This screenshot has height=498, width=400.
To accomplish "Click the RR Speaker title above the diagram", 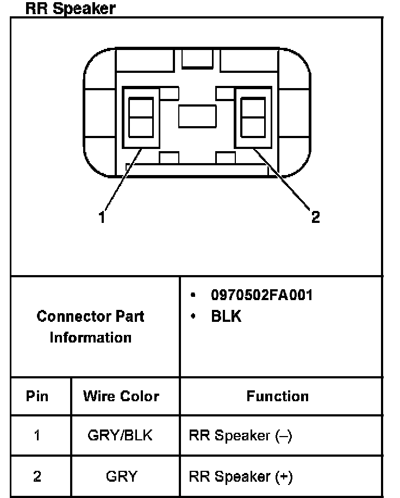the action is [x=71, y=9].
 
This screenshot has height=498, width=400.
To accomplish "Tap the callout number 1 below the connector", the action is [x=102, y=218].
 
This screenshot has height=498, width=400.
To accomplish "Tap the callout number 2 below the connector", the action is [x=315, y=217].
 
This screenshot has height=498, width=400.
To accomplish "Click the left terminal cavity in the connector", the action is [x=141, y=117].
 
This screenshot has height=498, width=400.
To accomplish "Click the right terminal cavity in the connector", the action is [x=253, y=117].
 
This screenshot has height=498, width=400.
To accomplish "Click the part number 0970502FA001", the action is [x=261, y=295].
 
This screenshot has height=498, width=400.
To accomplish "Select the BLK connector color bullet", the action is [x=226, y=316].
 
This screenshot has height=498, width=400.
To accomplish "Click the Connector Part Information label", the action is [x=91, y=327].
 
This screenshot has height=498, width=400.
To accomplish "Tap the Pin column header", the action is [x=37, y=396].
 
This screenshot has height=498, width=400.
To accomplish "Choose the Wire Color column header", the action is [x=121, y=396].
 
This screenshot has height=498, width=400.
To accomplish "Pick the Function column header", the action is [x=277, y=396].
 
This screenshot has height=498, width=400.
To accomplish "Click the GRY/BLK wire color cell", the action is [x=121, y=435].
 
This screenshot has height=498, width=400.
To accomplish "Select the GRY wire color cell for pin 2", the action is [x=121, y=477].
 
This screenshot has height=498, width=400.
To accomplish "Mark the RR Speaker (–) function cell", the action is [x=240, y=435].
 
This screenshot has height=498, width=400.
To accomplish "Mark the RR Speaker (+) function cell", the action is [x=240, y=477].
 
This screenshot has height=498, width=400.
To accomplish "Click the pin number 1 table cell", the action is [x=37, y=435].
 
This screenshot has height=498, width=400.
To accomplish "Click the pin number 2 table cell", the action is [x=37, y=477].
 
